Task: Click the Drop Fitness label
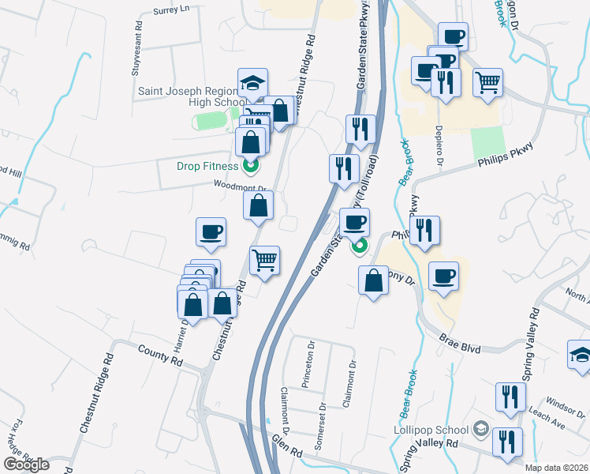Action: tap(208, 166)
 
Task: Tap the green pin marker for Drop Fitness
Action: tap(251, 166)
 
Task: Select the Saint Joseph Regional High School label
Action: tap(192, 96)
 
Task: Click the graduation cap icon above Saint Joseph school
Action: tap(252, 83)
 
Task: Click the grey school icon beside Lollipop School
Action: tap(479, 430)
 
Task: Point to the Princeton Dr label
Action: tap(308, 368)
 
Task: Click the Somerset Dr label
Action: tap(320, 427)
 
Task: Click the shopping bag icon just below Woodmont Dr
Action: tap(258, 207)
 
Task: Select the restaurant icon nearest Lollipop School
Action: tap(506, 441)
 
